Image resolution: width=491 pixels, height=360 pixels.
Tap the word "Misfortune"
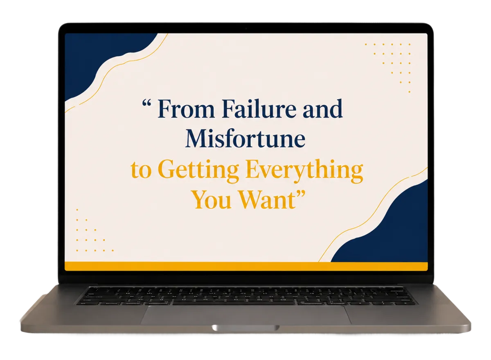click(245, 139)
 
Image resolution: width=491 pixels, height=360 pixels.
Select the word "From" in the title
click(186, 109)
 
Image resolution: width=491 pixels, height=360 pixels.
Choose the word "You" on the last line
click(212, 200)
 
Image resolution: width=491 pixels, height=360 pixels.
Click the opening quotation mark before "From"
click(146, 103)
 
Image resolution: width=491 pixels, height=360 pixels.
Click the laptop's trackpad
click(246, 315)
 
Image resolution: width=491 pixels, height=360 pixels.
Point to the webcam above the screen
click(246, 29)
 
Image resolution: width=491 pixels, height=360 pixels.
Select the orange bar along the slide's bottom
click(246, 266)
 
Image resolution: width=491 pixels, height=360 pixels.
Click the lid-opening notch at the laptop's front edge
click(245, 328)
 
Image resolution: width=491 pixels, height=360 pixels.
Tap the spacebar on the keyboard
click(234, 303)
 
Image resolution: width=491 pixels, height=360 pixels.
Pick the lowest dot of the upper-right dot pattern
click(409, 92)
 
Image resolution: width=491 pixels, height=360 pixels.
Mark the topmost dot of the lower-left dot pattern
click(77, 210)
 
